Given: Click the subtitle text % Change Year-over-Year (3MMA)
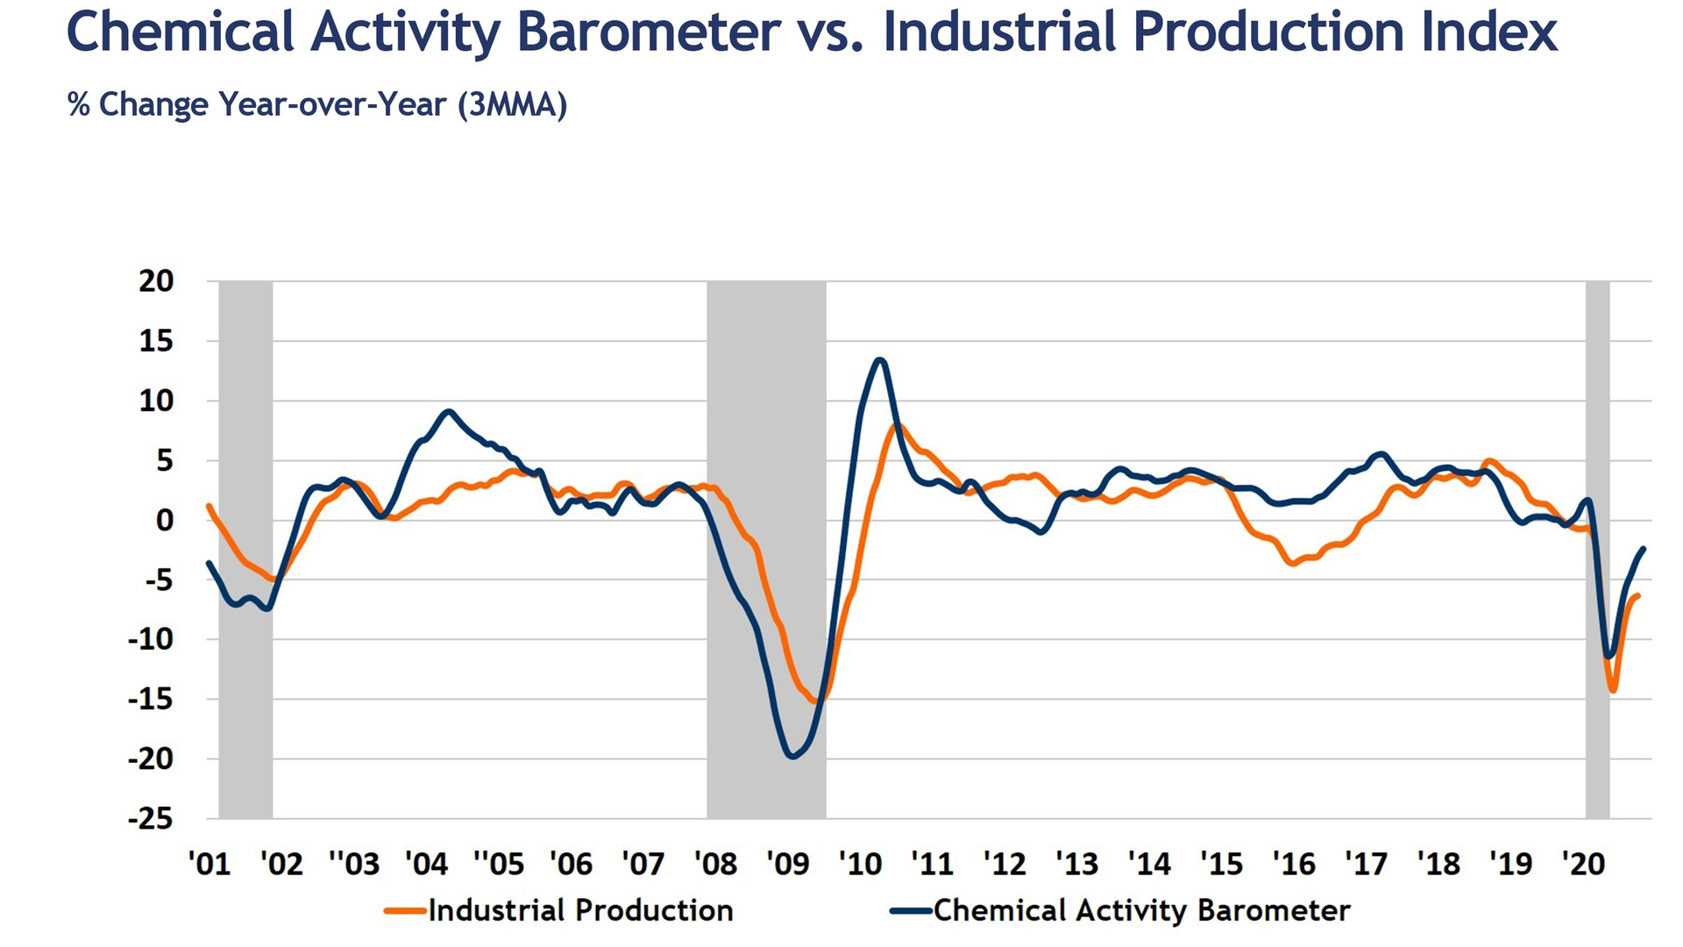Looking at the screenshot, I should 317,105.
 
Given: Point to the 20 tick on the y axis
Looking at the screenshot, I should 157,281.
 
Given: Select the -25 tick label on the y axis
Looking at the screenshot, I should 151,819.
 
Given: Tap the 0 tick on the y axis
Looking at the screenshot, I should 165,520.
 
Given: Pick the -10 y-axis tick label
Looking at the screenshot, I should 151,639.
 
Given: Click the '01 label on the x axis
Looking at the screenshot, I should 209,865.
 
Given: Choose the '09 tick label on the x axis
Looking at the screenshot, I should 787,865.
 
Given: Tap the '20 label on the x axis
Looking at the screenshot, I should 1583,865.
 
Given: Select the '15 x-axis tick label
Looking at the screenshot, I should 1221,865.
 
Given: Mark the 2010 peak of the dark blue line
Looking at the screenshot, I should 880,360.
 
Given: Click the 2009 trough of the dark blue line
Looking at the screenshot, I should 793,756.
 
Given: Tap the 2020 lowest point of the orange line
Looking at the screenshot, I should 1613,691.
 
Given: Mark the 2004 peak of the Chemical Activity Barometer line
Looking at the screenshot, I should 449,411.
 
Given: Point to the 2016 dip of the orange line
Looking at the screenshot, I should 1293,563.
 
